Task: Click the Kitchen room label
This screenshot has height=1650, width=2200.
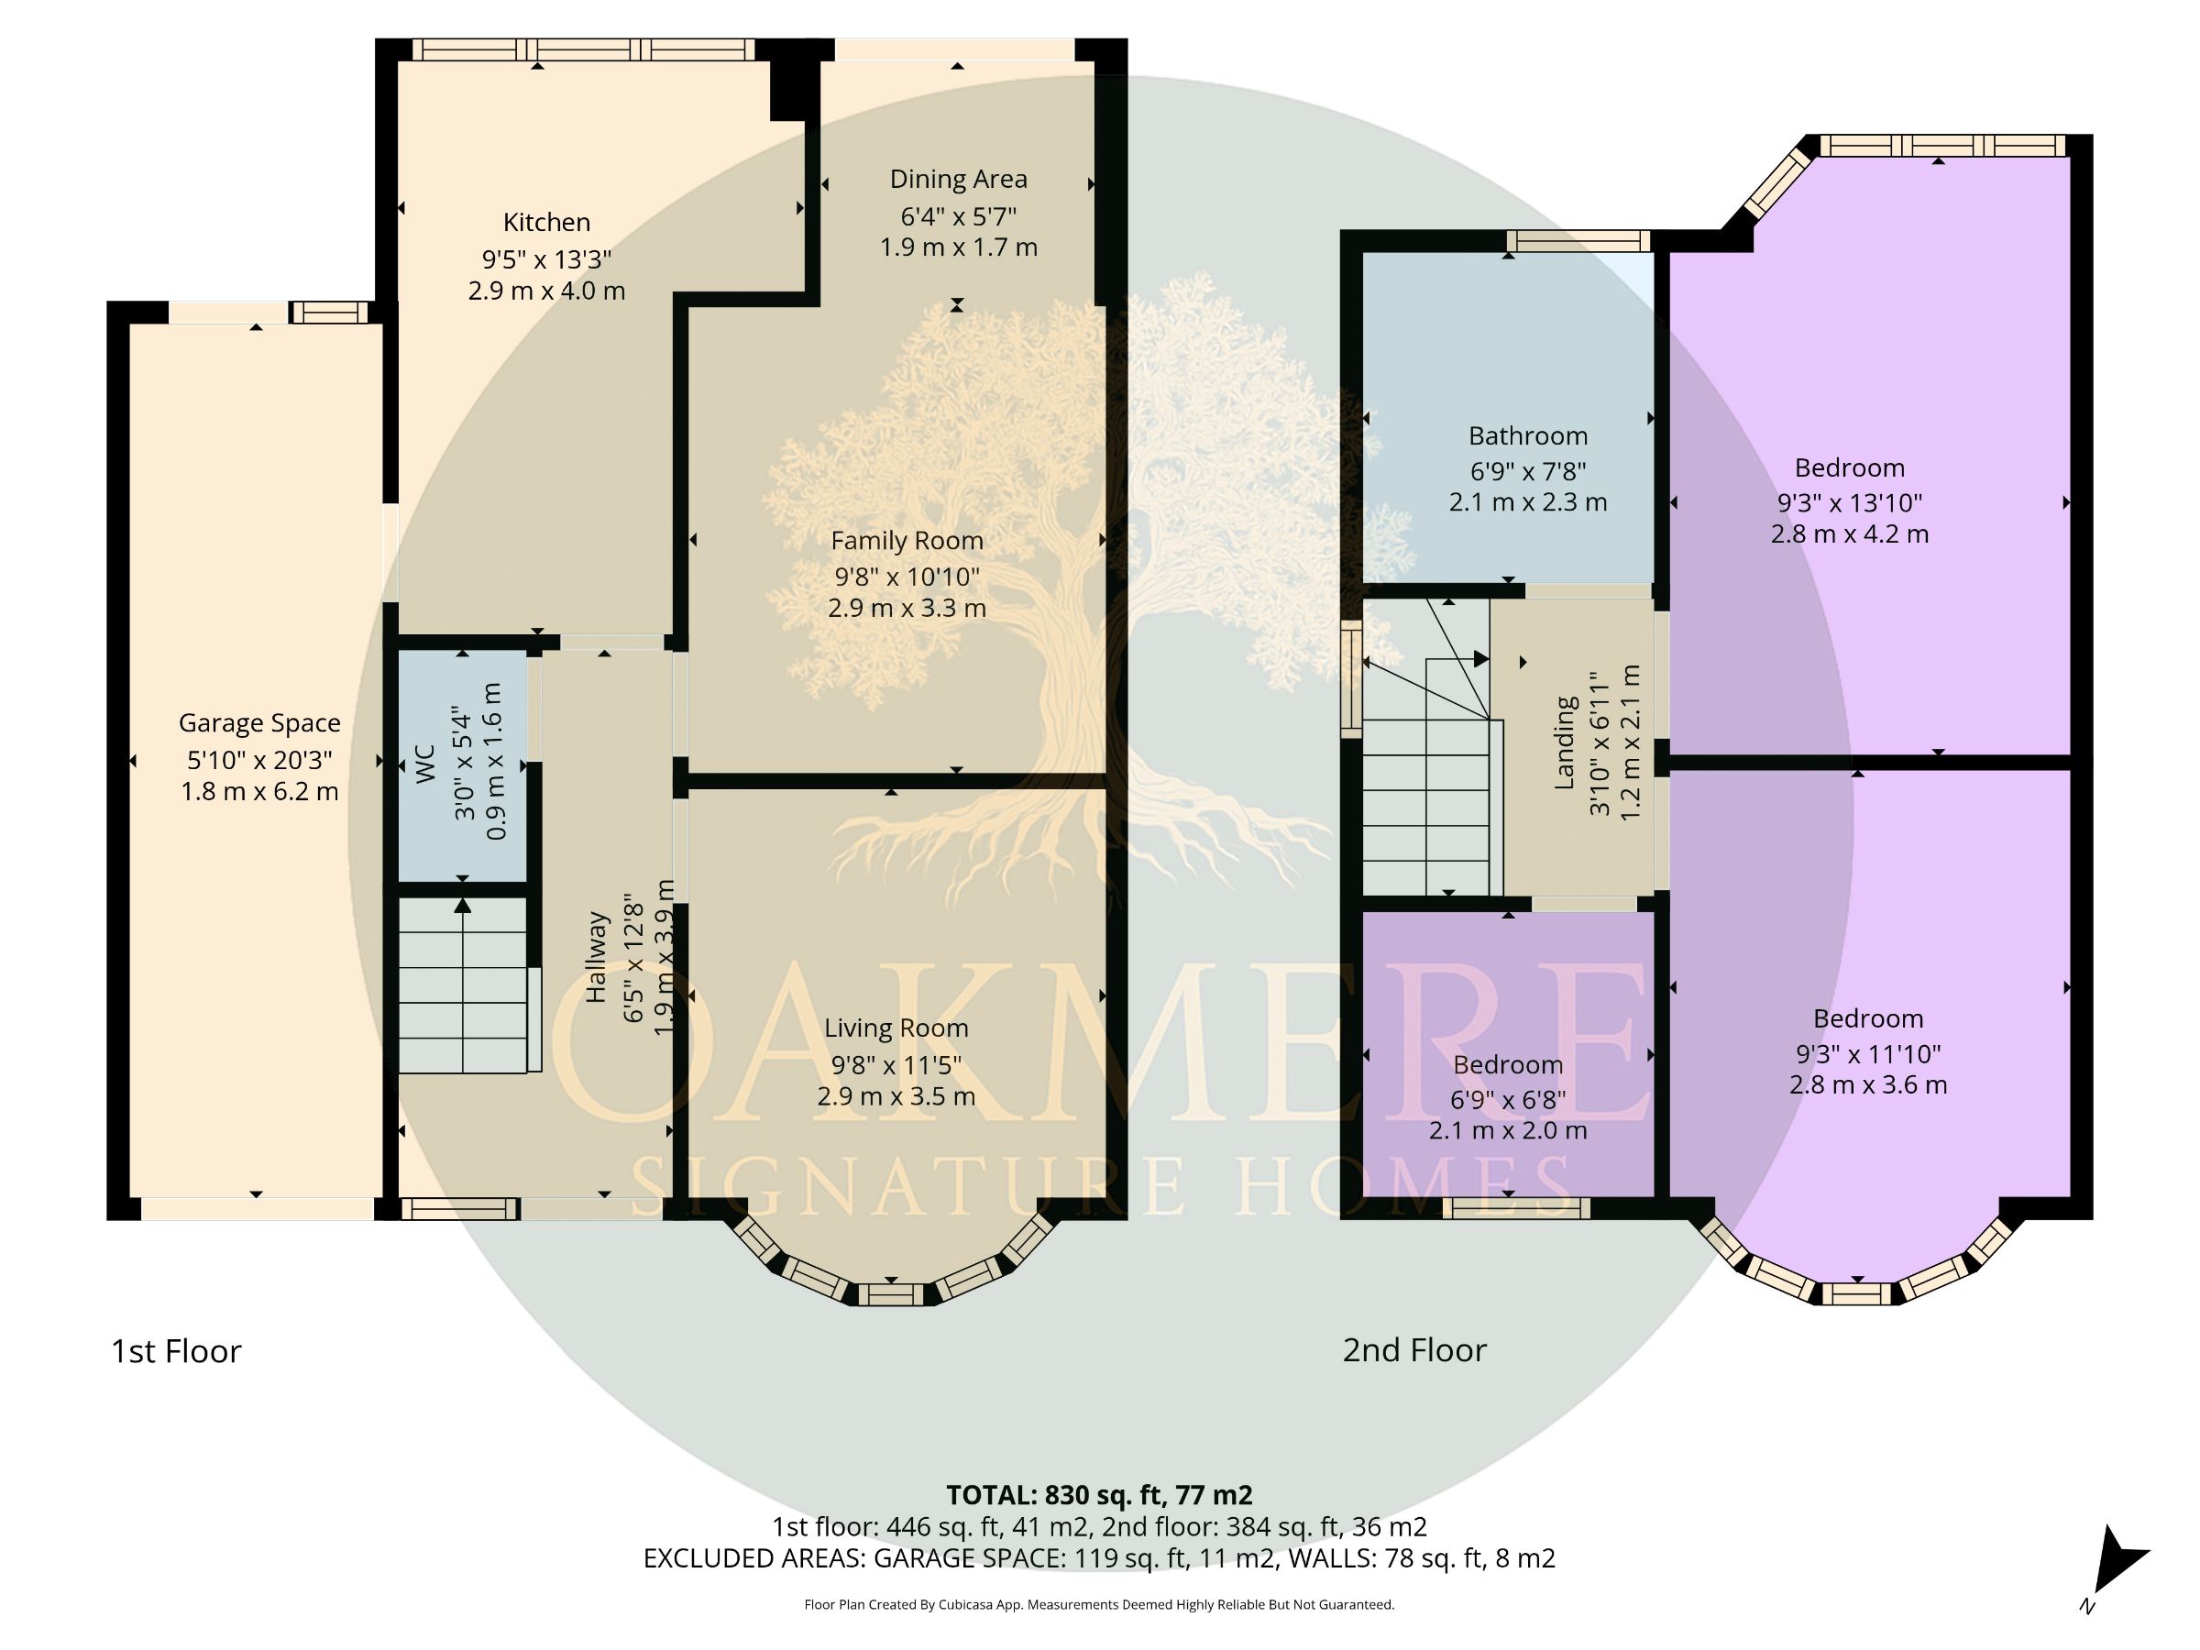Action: coord(546,222)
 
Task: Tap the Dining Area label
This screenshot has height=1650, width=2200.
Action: coord(958,179)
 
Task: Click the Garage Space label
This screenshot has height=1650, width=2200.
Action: coord(259,723)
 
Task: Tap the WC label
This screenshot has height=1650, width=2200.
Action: coord(425,764)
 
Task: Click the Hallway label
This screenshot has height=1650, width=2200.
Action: coord(595,957)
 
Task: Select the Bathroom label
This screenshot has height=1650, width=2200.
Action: coord(1528,435)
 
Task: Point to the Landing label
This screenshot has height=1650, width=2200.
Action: coord(1565,742)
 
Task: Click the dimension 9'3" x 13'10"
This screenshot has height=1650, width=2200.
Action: coord(1850,502)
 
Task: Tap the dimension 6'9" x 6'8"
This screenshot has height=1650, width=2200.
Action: coord(1508,1099)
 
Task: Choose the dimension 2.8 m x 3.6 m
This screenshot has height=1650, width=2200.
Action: coord(1868,1085)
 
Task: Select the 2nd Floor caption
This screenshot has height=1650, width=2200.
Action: coord(1414,1349)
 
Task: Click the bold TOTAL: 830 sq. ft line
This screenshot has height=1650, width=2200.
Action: coord(1099,1495)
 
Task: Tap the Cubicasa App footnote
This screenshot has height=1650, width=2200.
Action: coord(1099,1604)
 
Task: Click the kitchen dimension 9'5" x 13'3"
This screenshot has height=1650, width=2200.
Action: coord(546,258)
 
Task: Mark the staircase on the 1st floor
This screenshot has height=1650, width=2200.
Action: coord(464,985)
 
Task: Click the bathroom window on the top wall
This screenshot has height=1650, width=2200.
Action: coord(1578,241)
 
